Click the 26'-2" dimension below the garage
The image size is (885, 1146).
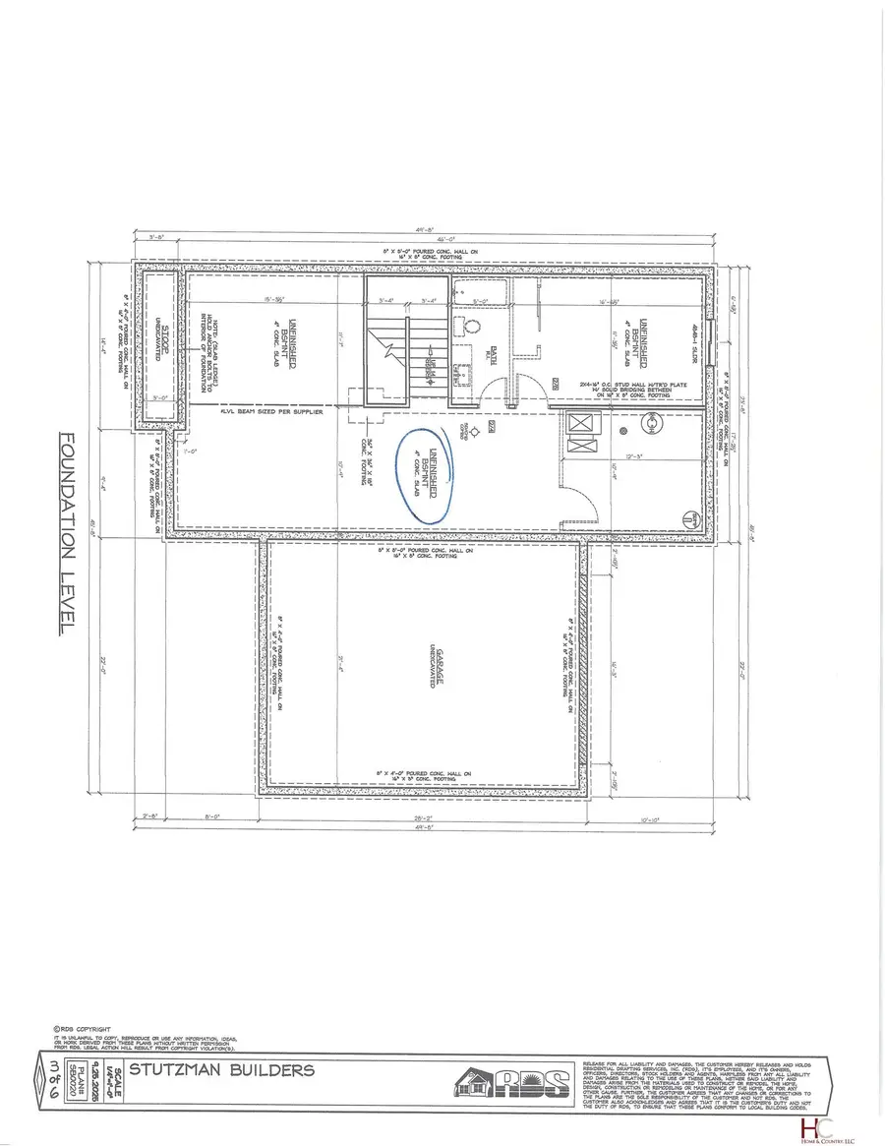421,818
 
